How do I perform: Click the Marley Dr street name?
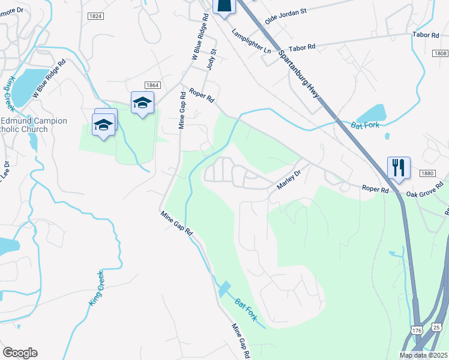pos(288,179)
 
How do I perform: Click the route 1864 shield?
pos(151,85)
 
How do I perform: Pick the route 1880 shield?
pos(427,173)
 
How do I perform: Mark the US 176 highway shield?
pos(417,330)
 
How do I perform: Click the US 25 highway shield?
pos(437,327)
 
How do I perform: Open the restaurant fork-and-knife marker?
pos(399,166)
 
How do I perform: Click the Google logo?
pos(20,352)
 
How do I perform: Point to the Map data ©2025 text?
pos(423,355)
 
